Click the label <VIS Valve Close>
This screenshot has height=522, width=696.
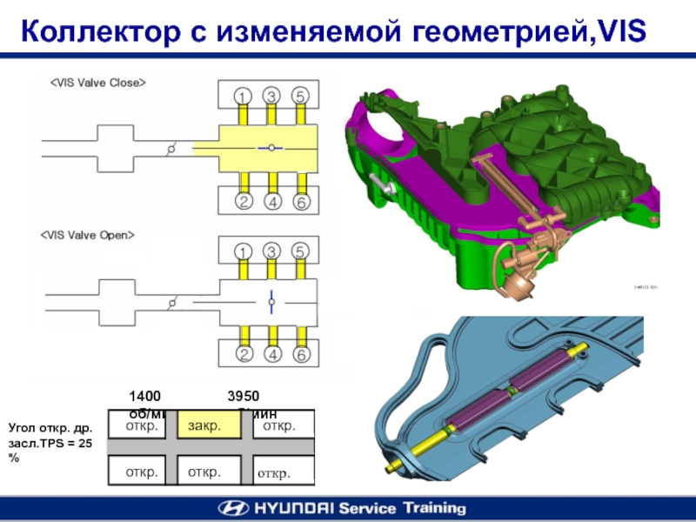point(97,83)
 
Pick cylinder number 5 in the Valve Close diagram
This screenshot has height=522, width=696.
point(300,95)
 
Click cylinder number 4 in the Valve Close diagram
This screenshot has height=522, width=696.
point(272,202)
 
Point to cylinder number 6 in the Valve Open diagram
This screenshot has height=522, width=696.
point(301,355)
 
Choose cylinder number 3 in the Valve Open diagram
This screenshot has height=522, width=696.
point(272,251)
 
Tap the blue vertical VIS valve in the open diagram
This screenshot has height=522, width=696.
point(271,300)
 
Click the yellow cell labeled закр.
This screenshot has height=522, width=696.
point(201,427)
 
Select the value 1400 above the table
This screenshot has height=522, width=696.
point(145,396)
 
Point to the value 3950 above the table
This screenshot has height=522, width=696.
point(244,396)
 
